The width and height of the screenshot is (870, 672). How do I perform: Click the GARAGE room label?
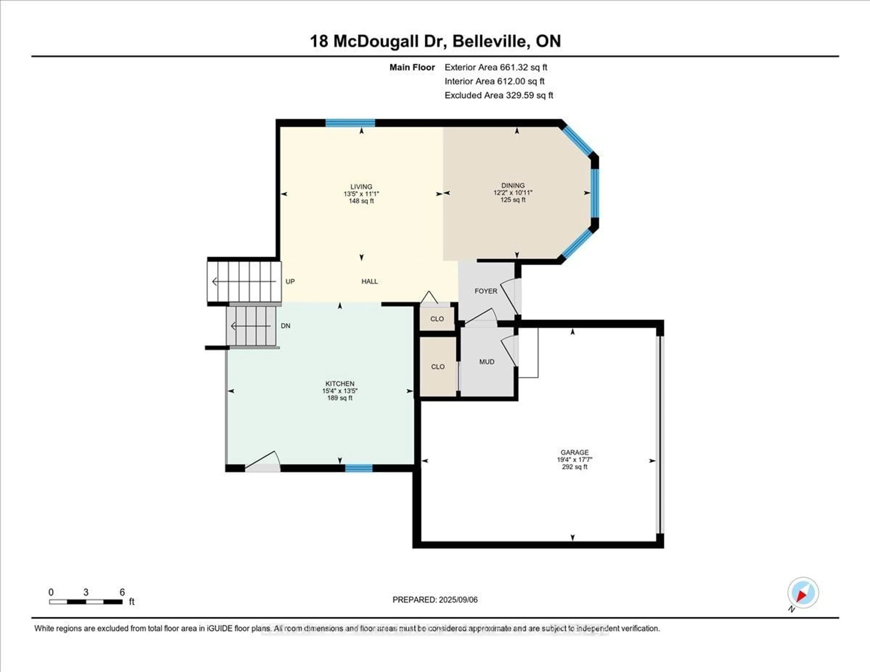[x=574, y=452]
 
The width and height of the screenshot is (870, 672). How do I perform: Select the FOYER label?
[x=486, y=291]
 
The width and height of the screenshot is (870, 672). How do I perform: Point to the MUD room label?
[x=486, y=362]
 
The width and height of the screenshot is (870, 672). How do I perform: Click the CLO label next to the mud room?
[x=437, y=366]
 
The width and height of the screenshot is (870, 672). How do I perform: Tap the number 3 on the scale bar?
[x=86, y=592]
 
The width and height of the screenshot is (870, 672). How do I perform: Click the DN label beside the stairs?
[x=285, y=326]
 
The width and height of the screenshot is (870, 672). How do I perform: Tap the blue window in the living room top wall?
[x=350, y=123]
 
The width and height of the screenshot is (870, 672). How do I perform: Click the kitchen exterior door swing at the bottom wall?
[x=262, y=462]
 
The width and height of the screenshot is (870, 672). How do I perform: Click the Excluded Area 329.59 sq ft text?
[x=498, y=95]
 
